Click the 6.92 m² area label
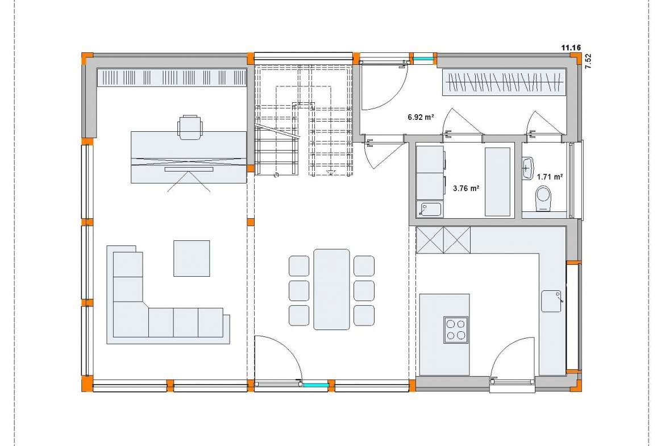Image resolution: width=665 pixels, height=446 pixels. [x=420, y=117]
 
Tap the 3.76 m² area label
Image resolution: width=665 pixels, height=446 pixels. [x=465, y=188]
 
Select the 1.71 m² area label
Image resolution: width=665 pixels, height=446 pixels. [x=550, y=177]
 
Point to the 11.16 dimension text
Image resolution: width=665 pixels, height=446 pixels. [x=571, y=48]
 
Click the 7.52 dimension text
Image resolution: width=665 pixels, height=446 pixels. [x=588, y=61]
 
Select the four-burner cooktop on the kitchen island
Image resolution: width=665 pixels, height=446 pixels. [x=456, y=330]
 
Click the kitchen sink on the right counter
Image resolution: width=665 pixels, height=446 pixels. [x=551, y=301]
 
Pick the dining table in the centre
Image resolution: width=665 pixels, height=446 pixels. [x=332, y=289]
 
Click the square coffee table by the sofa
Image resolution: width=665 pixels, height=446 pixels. [x=192, y=258]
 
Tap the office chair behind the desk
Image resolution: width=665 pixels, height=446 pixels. [x=190, y=126]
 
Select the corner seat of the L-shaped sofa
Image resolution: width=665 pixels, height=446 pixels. [x=128, y=319]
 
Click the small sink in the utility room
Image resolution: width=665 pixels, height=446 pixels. [x=430, y=210]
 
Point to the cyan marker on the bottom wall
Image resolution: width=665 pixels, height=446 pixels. [x=315, y=385]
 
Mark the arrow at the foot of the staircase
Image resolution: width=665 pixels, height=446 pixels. [x=330, y=172]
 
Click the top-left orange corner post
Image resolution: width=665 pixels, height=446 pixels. [x=86, y=58]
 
